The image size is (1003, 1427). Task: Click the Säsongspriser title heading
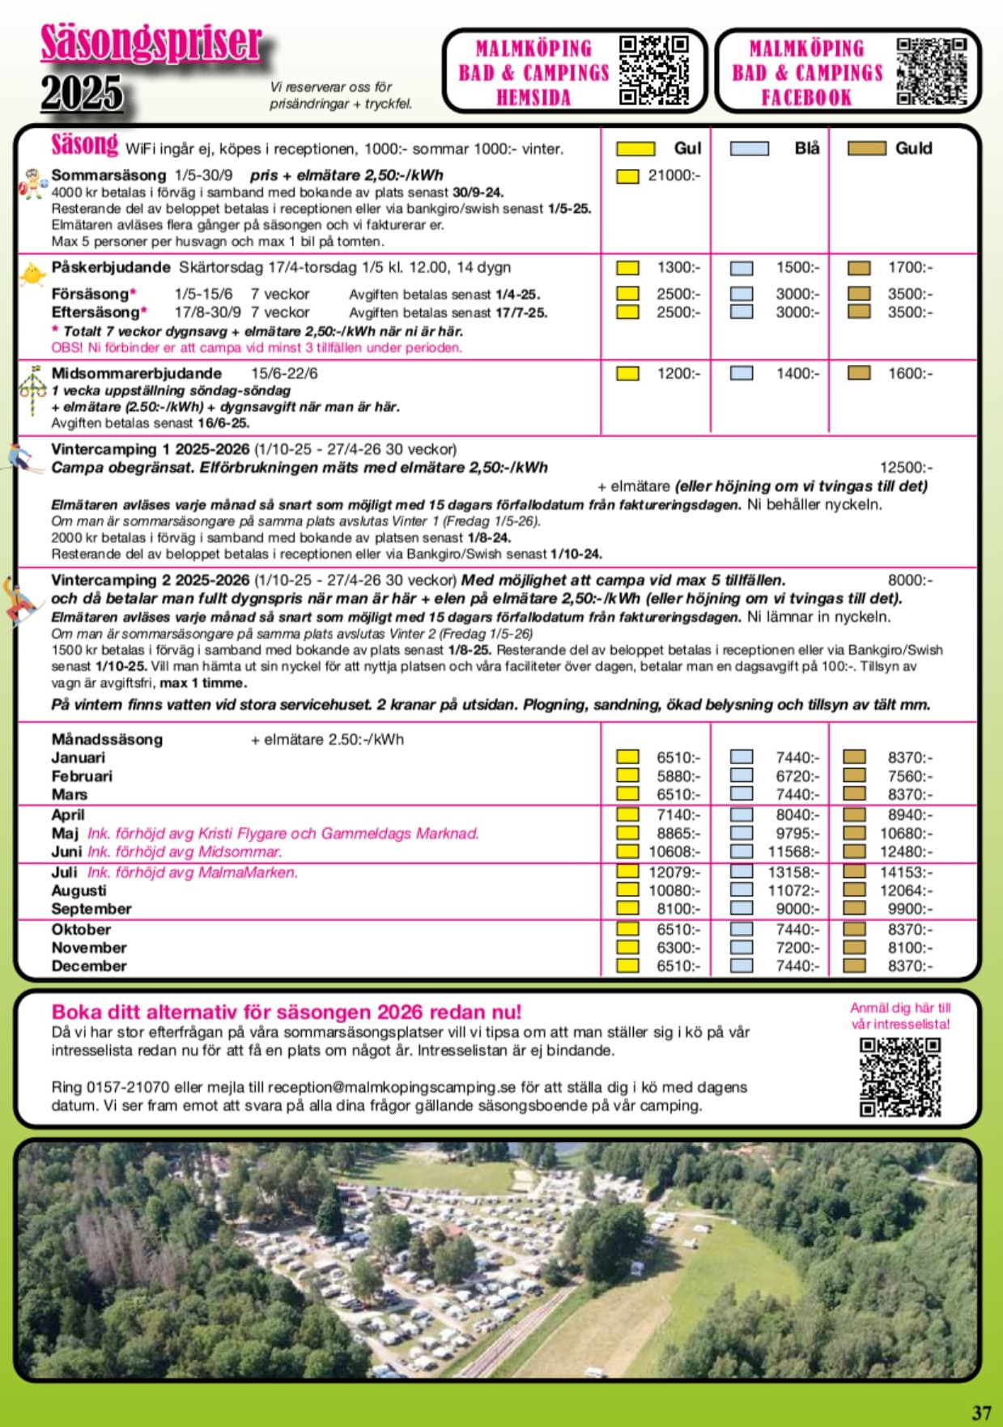click(151, 44)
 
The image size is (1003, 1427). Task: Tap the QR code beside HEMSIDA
click(653, 70)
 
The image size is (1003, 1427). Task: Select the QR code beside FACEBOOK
click(931, 71)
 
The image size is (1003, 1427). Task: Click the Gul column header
click(686, 148)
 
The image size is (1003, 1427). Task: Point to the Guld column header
click(913, 148)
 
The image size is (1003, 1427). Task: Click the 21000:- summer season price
click(674, 175)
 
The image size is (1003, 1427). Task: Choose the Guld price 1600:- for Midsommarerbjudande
click(910, 373)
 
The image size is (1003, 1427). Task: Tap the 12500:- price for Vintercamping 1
click(906, 467)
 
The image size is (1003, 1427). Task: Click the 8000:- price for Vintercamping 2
click(910, 580)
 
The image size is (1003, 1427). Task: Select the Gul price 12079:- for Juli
click(674, 872)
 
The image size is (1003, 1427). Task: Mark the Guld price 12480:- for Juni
click(906, 852)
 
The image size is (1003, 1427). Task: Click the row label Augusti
click(79, 890)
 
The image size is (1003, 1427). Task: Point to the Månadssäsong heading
click(107, 739)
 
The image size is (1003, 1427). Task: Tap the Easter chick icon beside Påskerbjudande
click(32, 274)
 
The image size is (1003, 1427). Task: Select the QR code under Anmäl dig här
click(899, 1077)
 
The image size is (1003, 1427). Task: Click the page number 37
click(981, 1412)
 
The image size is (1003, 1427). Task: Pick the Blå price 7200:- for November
click(797, 947)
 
